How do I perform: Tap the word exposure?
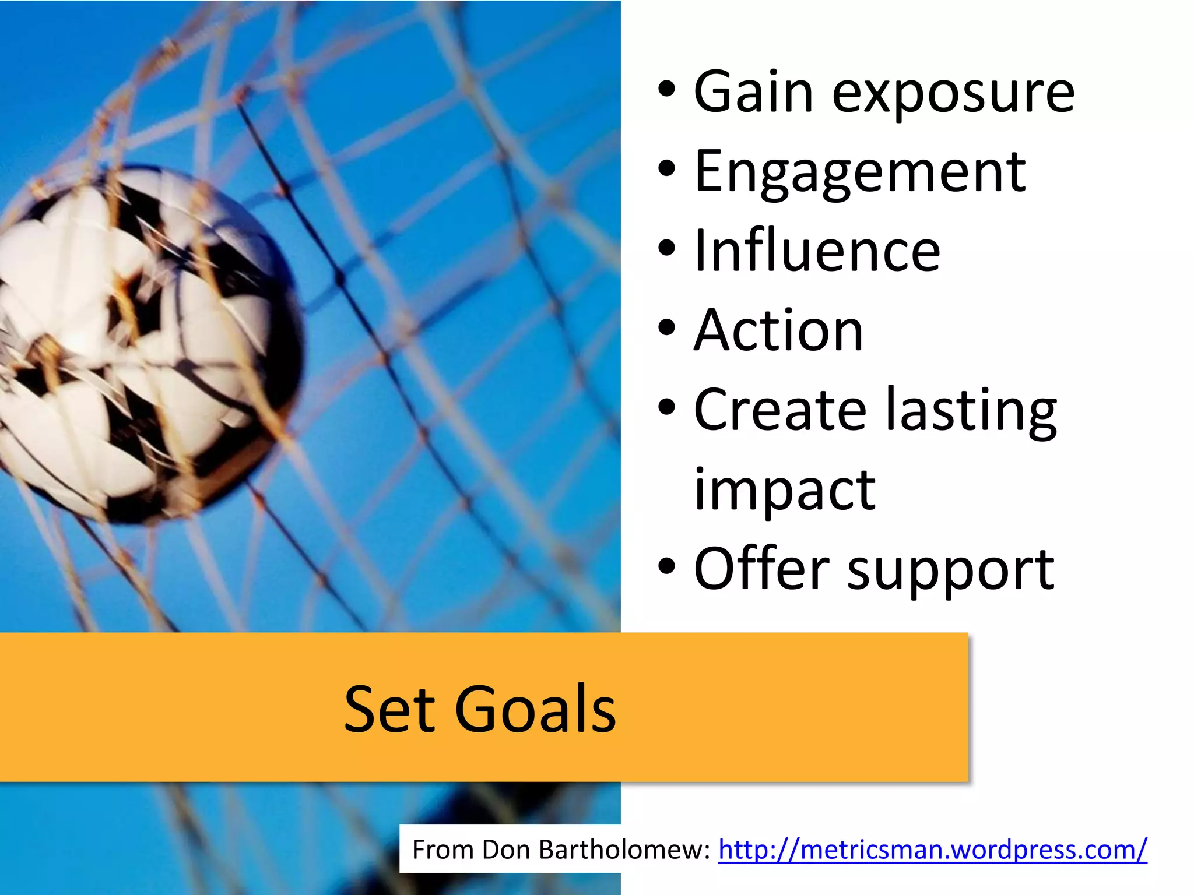pos(953,93)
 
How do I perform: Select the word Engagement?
pos(859,174)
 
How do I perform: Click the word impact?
pos(784,491)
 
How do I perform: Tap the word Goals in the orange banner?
pos(535,709)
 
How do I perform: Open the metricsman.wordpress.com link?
pos(932,850)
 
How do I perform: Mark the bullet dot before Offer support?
pos(666,566)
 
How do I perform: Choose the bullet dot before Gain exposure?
pos(666,90)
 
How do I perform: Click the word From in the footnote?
pos(444,850)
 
